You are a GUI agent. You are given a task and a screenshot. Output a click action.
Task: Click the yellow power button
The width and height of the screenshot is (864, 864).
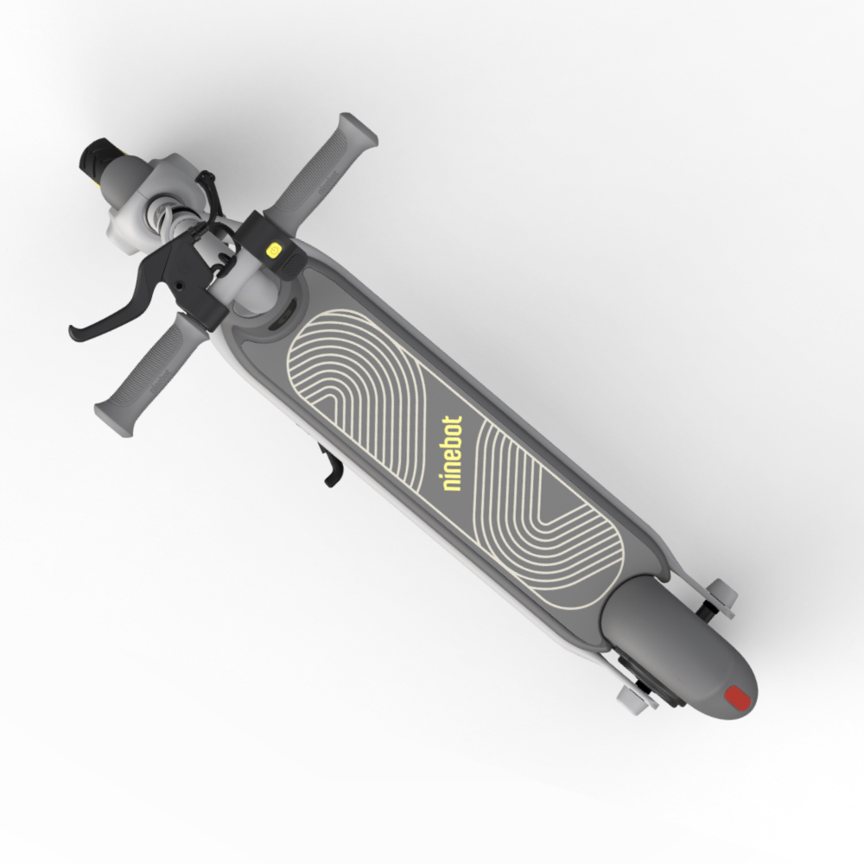[x=274, y=251]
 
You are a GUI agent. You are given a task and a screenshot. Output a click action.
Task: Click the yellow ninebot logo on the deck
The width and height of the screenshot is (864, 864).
[x=453, y=454]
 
